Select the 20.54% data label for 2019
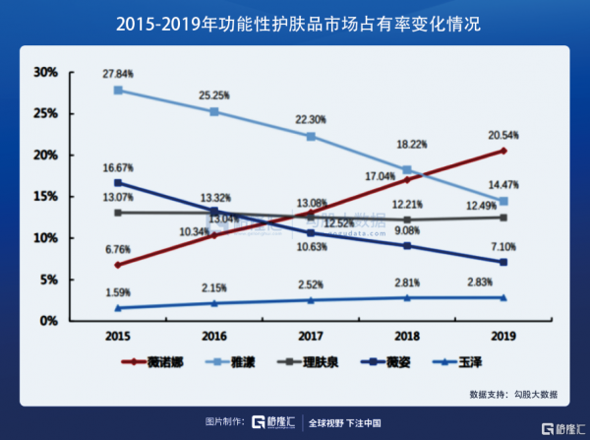pos(502,133)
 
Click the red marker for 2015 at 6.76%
pos(118,265)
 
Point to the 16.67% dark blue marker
pos(118,183)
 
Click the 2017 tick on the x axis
pos(311,336)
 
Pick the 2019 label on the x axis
pos(502,336)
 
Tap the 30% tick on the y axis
pos(46,73)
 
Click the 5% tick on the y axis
pos(49,280)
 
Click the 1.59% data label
pos(118,293)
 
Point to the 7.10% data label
pos(502,245)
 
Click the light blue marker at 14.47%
pos(502,201)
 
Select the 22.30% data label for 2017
pos(311,119)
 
